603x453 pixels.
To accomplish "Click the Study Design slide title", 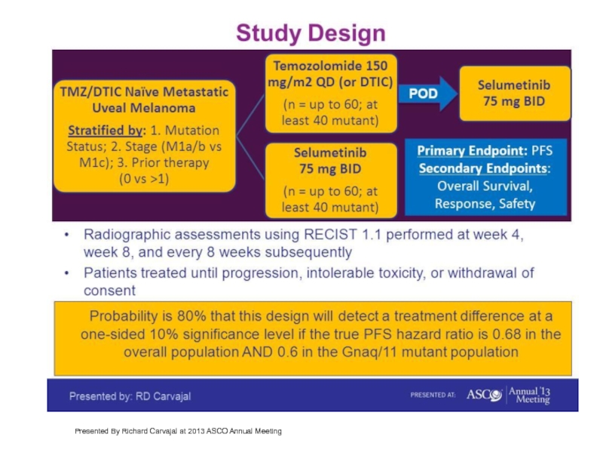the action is [311, 33].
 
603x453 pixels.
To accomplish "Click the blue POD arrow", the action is [427, 94].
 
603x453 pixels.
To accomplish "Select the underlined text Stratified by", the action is [106, 131].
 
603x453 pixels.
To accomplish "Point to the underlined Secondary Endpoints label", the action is [483, 168].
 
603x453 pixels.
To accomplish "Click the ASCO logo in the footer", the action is [484, 395].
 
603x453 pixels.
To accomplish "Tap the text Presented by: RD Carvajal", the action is [130, 396].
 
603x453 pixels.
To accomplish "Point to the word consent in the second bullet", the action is [109, 291].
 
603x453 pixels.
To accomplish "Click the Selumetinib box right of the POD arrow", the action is [515, 94].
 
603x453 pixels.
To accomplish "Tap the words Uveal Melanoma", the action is [144, 108].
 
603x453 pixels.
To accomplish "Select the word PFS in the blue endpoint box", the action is [542, 150].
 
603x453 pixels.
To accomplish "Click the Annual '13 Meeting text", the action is [530, 395].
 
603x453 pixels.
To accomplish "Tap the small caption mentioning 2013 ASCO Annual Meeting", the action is [178, 431].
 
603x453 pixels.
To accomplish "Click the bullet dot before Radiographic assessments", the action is [67, 235].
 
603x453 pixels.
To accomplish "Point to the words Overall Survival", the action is [485, 186].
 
